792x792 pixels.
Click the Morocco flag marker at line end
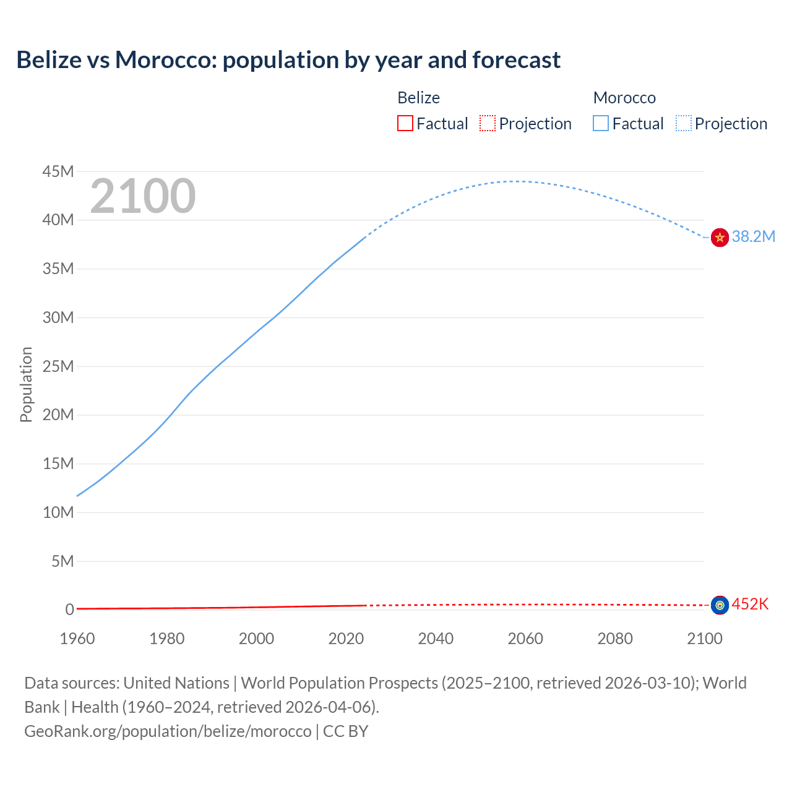click(x=720, y=237)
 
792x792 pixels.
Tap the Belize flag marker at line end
click(x=720, y=605)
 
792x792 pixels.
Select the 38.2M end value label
click(x=753, y=236)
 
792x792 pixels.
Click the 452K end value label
click(x=750, y=605)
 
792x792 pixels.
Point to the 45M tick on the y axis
click(x=58, y=171)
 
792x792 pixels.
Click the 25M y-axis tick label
click(x=58, y=366)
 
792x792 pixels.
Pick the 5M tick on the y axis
click(x=62, y=561)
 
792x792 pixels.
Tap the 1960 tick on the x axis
click(x=77, y=639)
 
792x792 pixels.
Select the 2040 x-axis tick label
click(x=436, y=639)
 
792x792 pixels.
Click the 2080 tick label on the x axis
click(x=615, y=639)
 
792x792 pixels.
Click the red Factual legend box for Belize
click(x=405, y=123)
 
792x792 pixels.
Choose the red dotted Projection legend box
click(x=488, y=123)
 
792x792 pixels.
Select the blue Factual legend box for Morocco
click(x=601, y=123)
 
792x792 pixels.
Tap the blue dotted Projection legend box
click(x=683, y=123)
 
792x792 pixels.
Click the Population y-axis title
click(x=26, y=385)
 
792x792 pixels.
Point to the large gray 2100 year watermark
click(x=143, y=196)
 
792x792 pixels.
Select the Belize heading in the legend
click(x=418, y=98)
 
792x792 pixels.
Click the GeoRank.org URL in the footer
click(x=168, y=731)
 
